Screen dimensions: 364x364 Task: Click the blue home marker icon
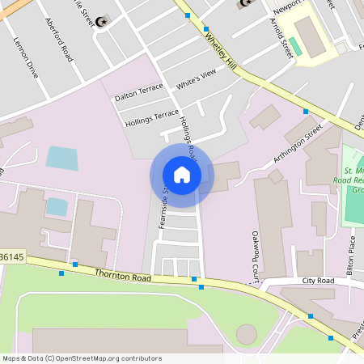point(181,175)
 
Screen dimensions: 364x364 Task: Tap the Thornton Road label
point(123,277)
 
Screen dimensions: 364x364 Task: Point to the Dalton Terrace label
point(138,95)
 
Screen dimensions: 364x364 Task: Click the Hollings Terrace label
point(152,118)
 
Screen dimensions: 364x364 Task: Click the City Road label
point(318,281)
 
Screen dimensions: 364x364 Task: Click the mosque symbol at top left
point(101,21)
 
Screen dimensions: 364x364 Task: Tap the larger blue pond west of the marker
point(62,158)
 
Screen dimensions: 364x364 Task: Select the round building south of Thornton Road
point(246,333)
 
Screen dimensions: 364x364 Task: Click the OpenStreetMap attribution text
point(82,358)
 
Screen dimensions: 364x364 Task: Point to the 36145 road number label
point(12,257)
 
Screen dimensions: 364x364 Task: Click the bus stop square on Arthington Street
point(306,111)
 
